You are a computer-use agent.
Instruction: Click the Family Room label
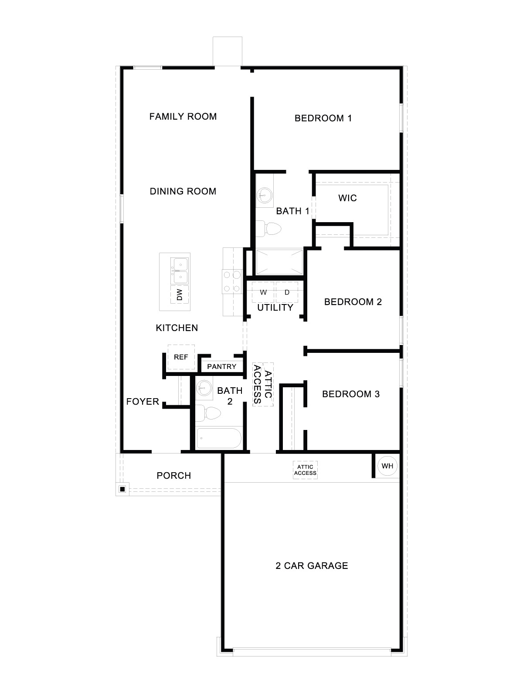(x=183, y=116)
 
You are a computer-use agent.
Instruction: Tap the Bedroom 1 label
(x=323, y=118)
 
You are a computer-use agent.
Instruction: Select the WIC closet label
(x=347, y=198)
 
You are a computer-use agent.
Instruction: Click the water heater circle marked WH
(x=387, y=466)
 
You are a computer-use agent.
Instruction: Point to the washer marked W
(x=263, y=292)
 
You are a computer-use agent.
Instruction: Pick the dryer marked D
(x=287, y=292)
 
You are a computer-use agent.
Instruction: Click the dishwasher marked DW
(x=180, y=295)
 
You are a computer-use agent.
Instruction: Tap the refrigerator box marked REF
(x=181, y=357)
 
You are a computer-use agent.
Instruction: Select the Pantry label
(x=221, y=367)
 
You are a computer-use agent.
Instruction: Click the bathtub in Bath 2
(x=219, y=438)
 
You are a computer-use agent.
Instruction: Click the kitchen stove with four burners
(x=231, y=281)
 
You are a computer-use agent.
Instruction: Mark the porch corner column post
(x=122, y=489)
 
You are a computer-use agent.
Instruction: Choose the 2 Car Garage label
(x=312, y=566)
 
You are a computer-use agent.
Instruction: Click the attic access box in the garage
(x=305, y=470)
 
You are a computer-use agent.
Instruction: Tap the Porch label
(x=174, y=476)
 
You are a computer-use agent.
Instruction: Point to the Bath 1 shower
(x=279, y=262)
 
